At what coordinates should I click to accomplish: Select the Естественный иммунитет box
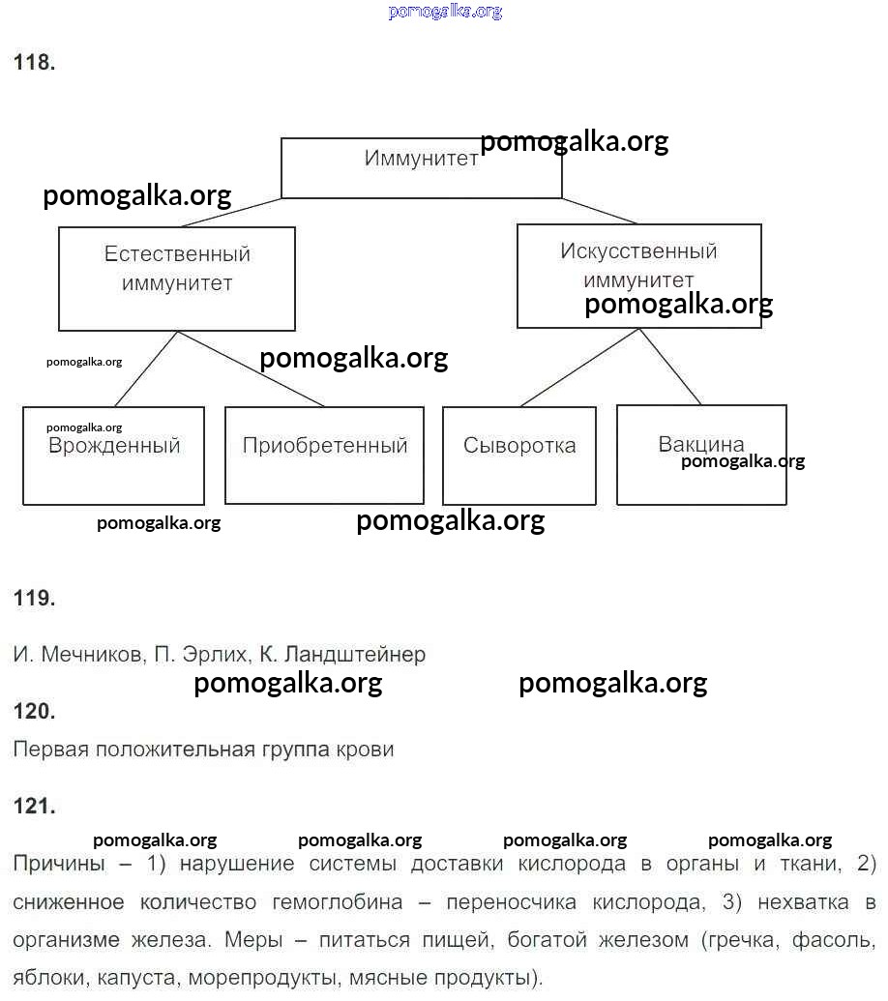pos(177,279)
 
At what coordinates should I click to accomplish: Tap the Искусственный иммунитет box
pos(638,276)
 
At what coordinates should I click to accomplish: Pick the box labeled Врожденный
pos(113,456)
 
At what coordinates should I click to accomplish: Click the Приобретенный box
pos(324,455)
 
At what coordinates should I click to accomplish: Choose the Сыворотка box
pos(518,455)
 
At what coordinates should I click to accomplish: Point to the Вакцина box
pos(701,455)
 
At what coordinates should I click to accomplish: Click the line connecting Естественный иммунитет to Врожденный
pos(147,368)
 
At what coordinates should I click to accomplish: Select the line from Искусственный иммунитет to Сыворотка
pos(578,368)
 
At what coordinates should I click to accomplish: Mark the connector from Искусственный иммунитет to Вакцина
pos(669,367)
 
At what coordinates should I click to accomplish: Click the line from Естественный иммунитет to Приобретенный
pos(252,369)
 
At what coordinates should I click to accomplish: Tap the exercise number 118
pos(34,64)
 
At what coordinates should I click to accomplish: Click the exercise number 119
pos(34,599)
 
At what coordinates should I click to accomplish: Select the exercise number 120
pos(34,712)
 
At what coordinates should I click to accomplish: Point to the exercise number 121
pos(34,807)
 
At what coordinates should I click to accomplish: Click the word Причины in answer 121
pos(58,863)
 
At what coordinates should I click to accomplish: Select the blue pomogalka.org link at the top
pos(445,12)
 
